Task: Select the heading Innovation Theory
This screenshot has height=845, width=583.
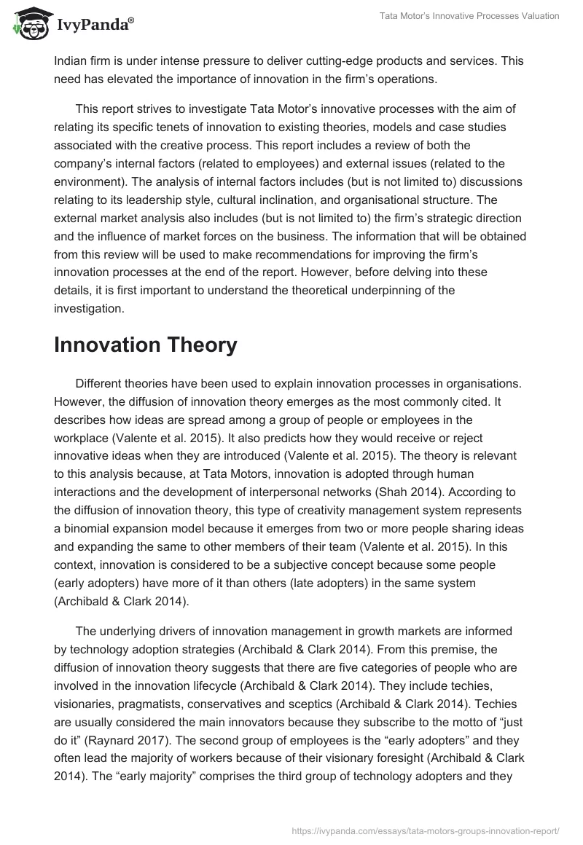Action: (146, 345)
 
